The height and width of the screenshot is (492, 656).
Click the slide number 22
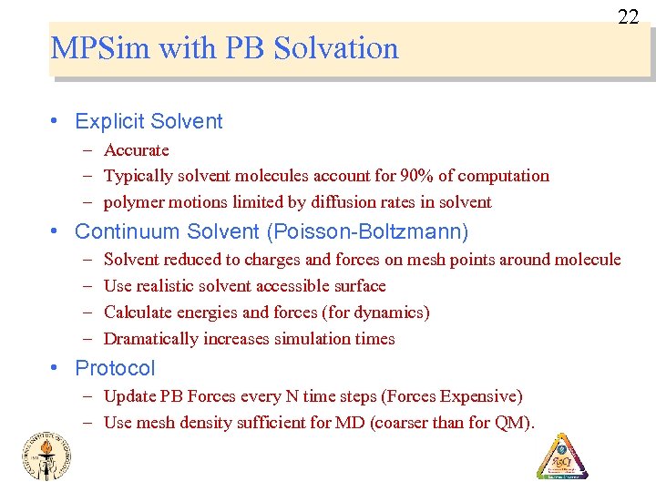pos(629,16)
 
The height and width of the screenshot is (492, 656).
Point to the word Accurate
pos(137,150)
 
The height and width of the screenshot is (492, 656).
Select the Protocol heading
pos(115,368)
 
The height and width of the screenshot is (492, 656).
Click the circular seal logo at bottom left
pos(46,456)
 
